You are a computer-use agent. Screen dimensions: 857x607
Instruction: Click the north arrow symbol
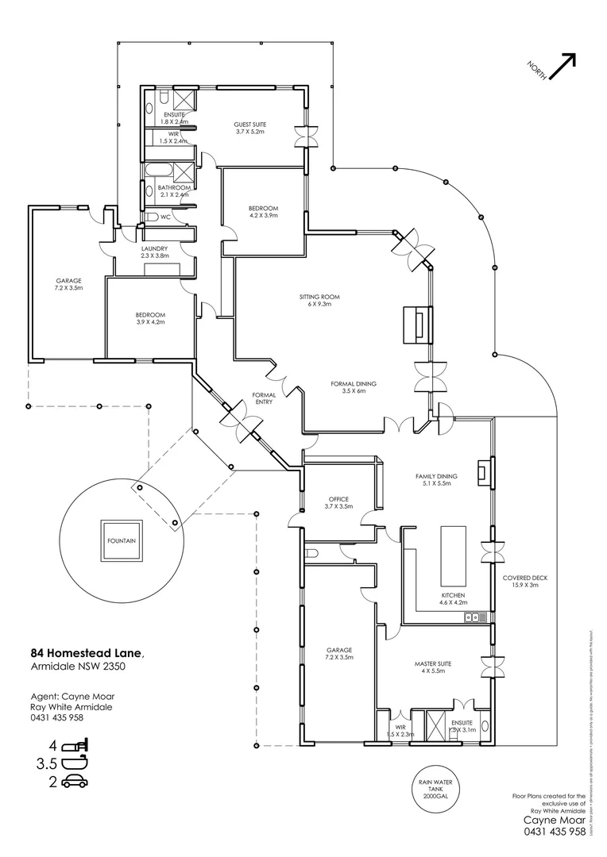point(561,67)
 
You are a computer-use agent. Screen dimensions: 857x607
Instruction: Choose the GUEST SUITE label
point(249,128)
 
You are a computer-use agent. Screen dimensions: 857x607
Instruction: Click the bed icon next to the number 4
point(77,747)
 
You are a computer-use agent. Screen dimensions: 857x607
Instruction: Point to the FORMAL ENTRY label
point(263,398)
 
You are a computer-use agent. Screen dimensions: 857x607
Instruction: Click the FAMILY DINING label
point(433,479)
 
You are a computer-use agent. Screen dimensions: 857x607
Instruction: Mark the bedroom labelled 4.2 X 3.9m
point(263,211)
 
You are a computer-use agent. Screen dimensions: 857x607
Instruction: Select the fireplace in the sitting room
point(416,324)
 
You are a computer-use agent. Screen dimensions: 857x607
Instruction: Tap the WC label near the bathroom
point(165,216)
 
